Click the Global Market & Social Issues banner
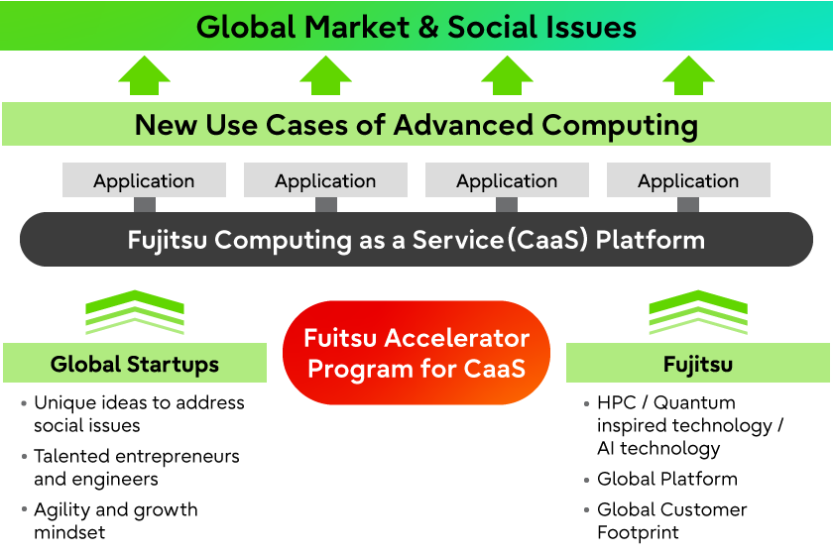(416, 26)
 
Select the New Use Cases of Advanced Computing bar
(416, 125)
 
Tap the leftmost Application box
(144, 180)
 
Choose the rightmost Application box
(688, 180)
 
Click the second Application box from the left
(325, 180)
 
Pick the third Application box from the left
(507, 180)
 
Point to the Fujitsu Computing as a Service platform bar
(416, 240)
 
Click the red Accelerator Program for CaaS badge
(416, 353)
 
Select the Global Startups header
(135, 364)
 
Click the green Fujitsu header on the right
(698, 364)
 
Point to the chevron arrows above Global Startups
(135, 312)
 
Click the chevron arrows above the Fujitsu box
(698, 312)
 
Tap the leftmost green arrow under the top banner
(145, 75)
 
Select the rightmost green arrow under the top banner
(688, 75)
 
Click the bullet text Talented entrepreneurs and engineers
(137, 468)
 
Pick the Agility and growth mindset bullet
(115, 521)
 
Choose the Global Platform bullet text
(666, 479)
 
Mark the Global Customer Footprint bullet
(671, 521)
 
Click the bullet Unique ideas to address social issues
(139, 414)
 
